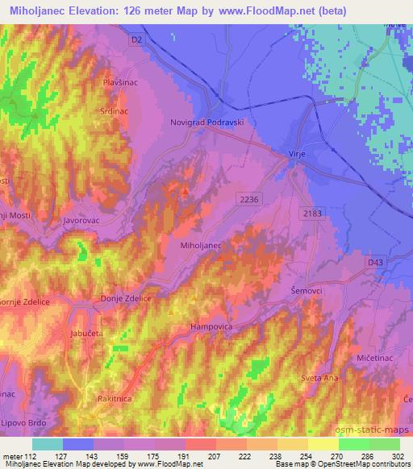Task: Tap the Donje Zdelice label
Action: pos(125,298)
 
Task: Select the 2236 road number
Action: pos(249,197)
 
